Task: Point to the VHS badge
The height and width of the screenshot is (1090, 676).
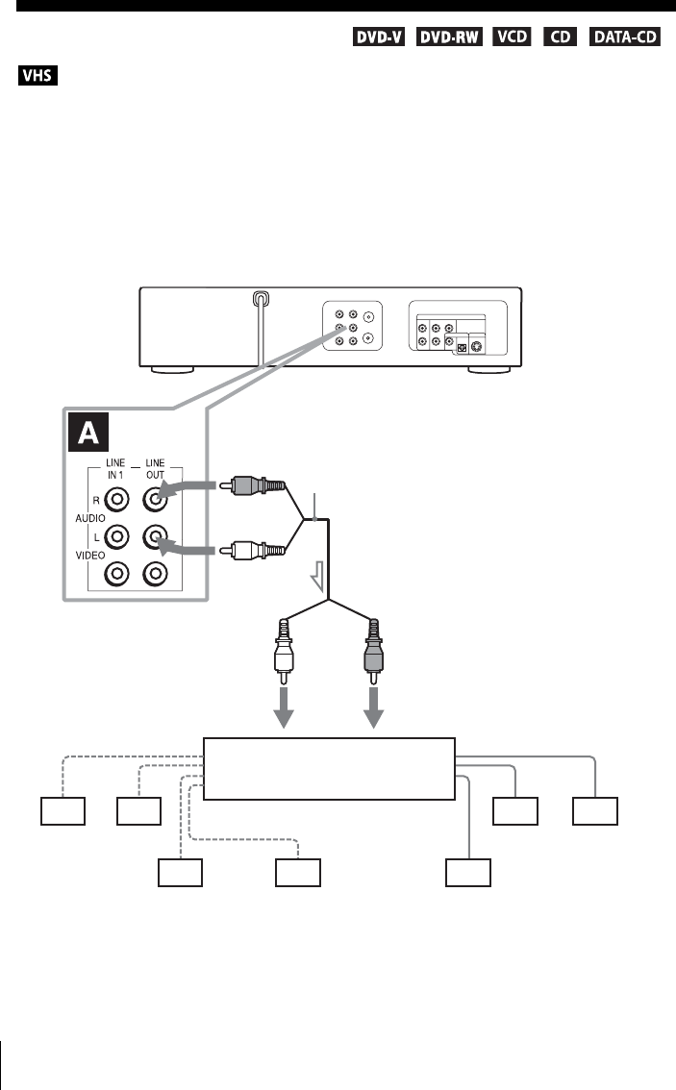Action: pos(38,74)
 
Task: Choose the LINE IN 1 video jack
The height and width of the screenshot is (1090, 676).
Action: pos(117,574)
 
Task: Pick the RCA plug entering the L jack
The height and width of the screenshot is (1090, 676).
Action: pos(254,551)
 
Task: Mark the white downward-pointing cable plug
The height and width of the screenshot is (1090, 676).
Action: pos(285,658)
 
